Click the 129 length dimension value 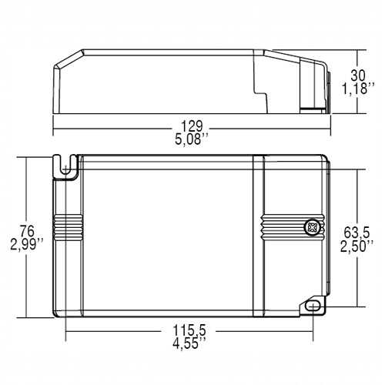192,126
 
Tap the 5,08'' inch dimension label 192,139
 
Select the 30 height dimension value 358,75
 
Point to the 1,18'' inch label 357,89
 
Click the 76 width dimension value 27,231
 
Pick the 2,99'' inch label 27,244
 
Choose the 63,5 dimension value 357,233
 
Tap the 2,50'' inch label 357,246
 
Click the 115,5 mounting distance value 189,330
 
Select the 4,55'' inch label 189,343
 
